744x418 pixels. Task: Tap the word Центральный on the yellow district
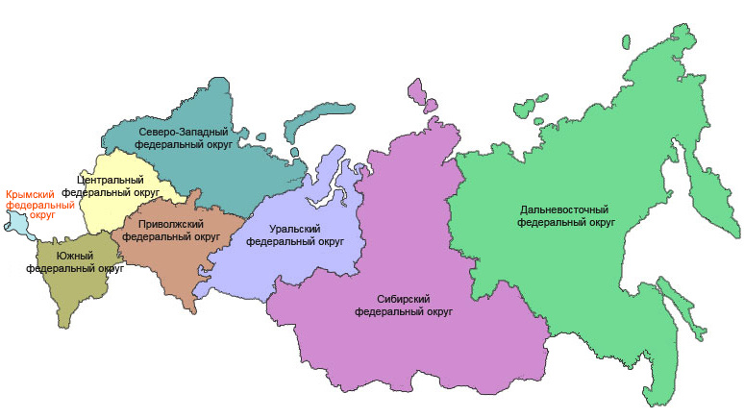[111, 180]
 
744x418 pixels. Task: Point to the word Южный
[75, 256]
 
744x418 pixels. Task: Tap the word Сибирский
[403, 299]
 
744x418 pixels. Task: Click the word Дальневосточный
[566, 209]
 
